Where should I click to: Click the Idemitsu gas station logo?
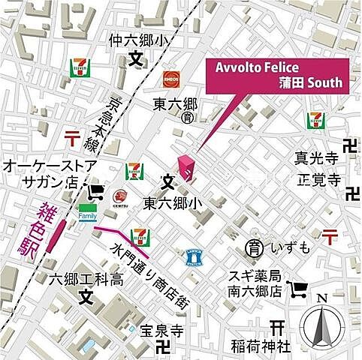(119, 197)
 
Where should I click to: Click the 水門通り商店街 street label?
(150, 274)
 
